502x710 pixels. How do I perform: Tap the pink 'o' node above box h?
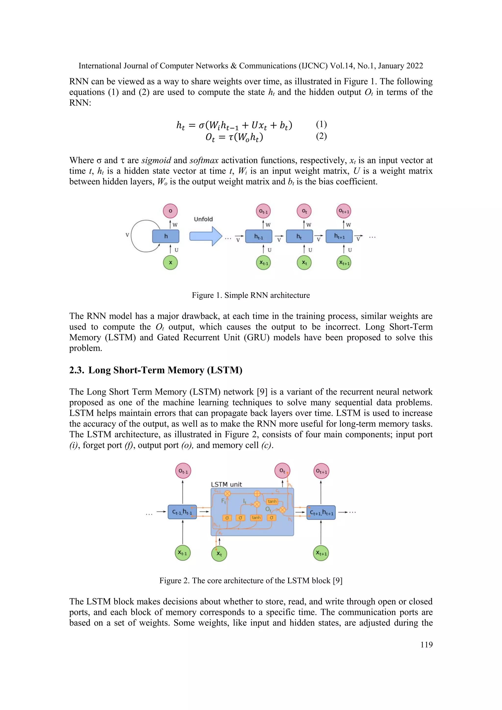click(x=170, y=211)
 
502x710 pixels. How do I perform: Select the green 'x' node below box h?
click(x=170, y=263)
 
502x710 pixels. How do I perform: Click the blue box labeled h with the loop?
click(x=166, y=236)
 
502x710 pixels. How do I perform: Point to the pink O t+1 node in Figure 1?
click(x=344, y=211)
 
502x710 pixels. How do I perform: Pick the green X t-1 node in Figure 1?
click(x=263, y=263)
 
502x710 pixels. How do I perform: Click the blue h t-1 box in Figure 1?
click(x=259, y=237)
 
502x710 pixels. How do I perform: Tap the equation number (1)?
click(x=321, y=124)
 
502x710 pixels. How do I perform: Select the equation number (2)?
click(x=321, y=136)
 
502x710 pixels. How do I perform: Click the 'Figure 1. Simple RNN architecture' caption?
click(x=251, y=295)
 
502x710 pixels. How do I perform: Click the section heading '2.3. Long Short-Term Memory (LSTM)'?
click(x=156, y=370)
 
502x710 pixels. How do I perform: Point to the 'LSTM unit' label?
click(x=226, y=484)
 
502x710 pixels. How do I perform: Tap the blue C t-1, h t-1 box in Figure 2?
click(x=182, y=512)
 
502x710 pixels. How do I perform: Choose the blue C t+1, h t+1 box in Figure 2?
click(x=321, y=512)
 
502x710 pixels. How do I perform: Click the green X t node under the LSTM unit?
click(x=219, y=554)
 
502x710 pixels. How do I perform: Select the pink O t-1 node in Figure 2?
click(x=183, y=471)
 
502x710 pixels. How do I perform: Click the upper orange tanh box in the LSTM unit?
click(x=272, y=501)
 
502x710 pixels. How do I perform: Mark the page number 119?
click(x=426, y=645)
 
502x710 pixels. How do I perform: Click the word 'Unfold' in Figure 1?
click(x=203, y=219)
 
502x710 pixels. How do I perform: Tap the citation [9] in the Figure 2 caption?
click(x=338, y=581)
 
